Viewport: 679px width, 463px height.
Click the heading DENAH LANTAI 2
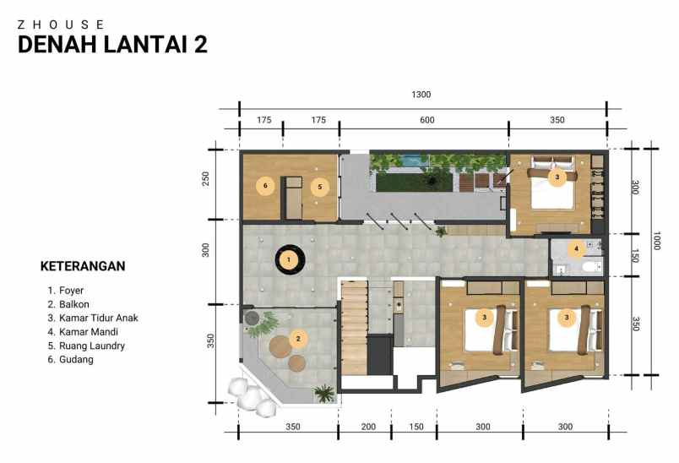click(x=112, y=45)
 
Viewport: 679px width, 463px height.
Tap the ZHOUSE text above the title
click(x=62, y=25)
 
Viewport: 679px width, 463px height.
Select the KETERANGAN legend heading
click(x=83, y=266)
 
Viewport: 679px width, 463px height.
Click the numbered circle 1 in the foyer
click(x=289, y=259)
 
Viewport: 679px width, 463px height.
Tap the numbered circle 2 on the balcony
click(x=297, y=339)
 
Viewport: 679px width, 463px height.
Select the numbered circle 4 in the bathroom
click(x=577, y=248)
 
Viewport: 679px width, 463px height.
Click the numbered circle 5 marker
click(x=319, y=186)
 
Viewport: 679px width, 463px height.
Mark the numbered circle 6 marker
click(x=265, y=185)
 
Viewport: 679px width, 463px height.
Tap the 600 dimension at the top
click(x=427, y=121)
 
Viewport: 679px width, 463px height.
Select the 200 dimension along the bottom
click(x=368, y=427)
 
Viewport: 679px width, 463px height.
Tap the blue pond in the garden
click(x=411, y=157)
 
